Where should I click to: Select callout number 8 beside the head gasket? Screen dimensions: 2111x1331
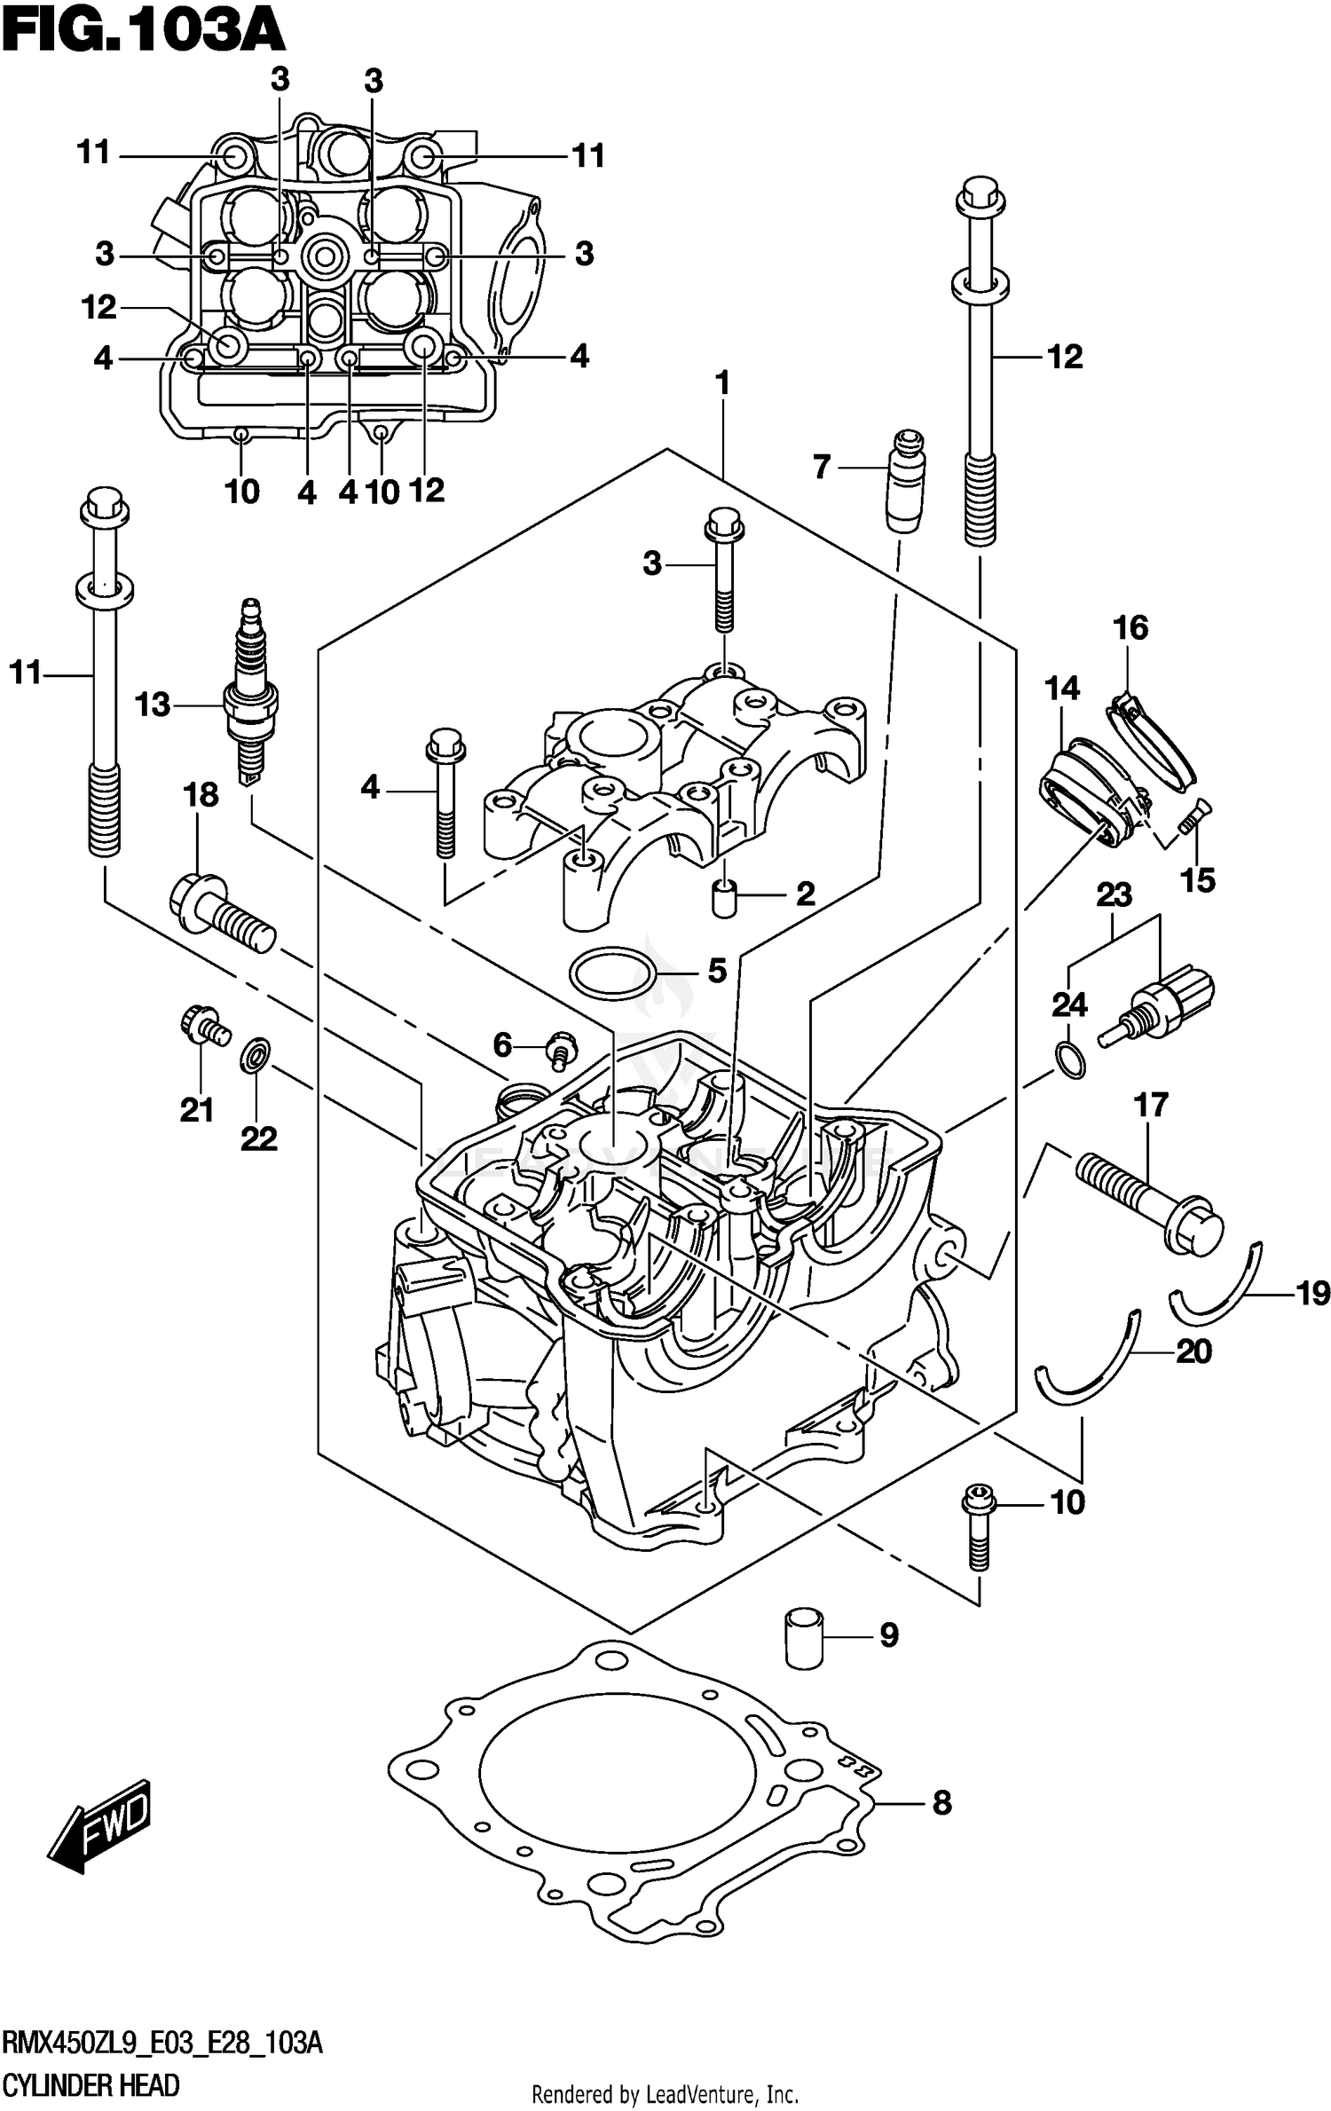click(x=941, y=1803)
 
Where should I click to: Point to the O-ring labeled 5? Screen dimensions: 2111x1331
click(x=612, y=973)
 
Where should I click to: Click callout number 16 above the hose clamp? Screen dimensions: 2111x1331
click(x=1130, y=628)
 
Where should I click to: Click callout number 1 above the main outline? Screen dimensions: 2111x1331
click(x=722, y=383)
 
